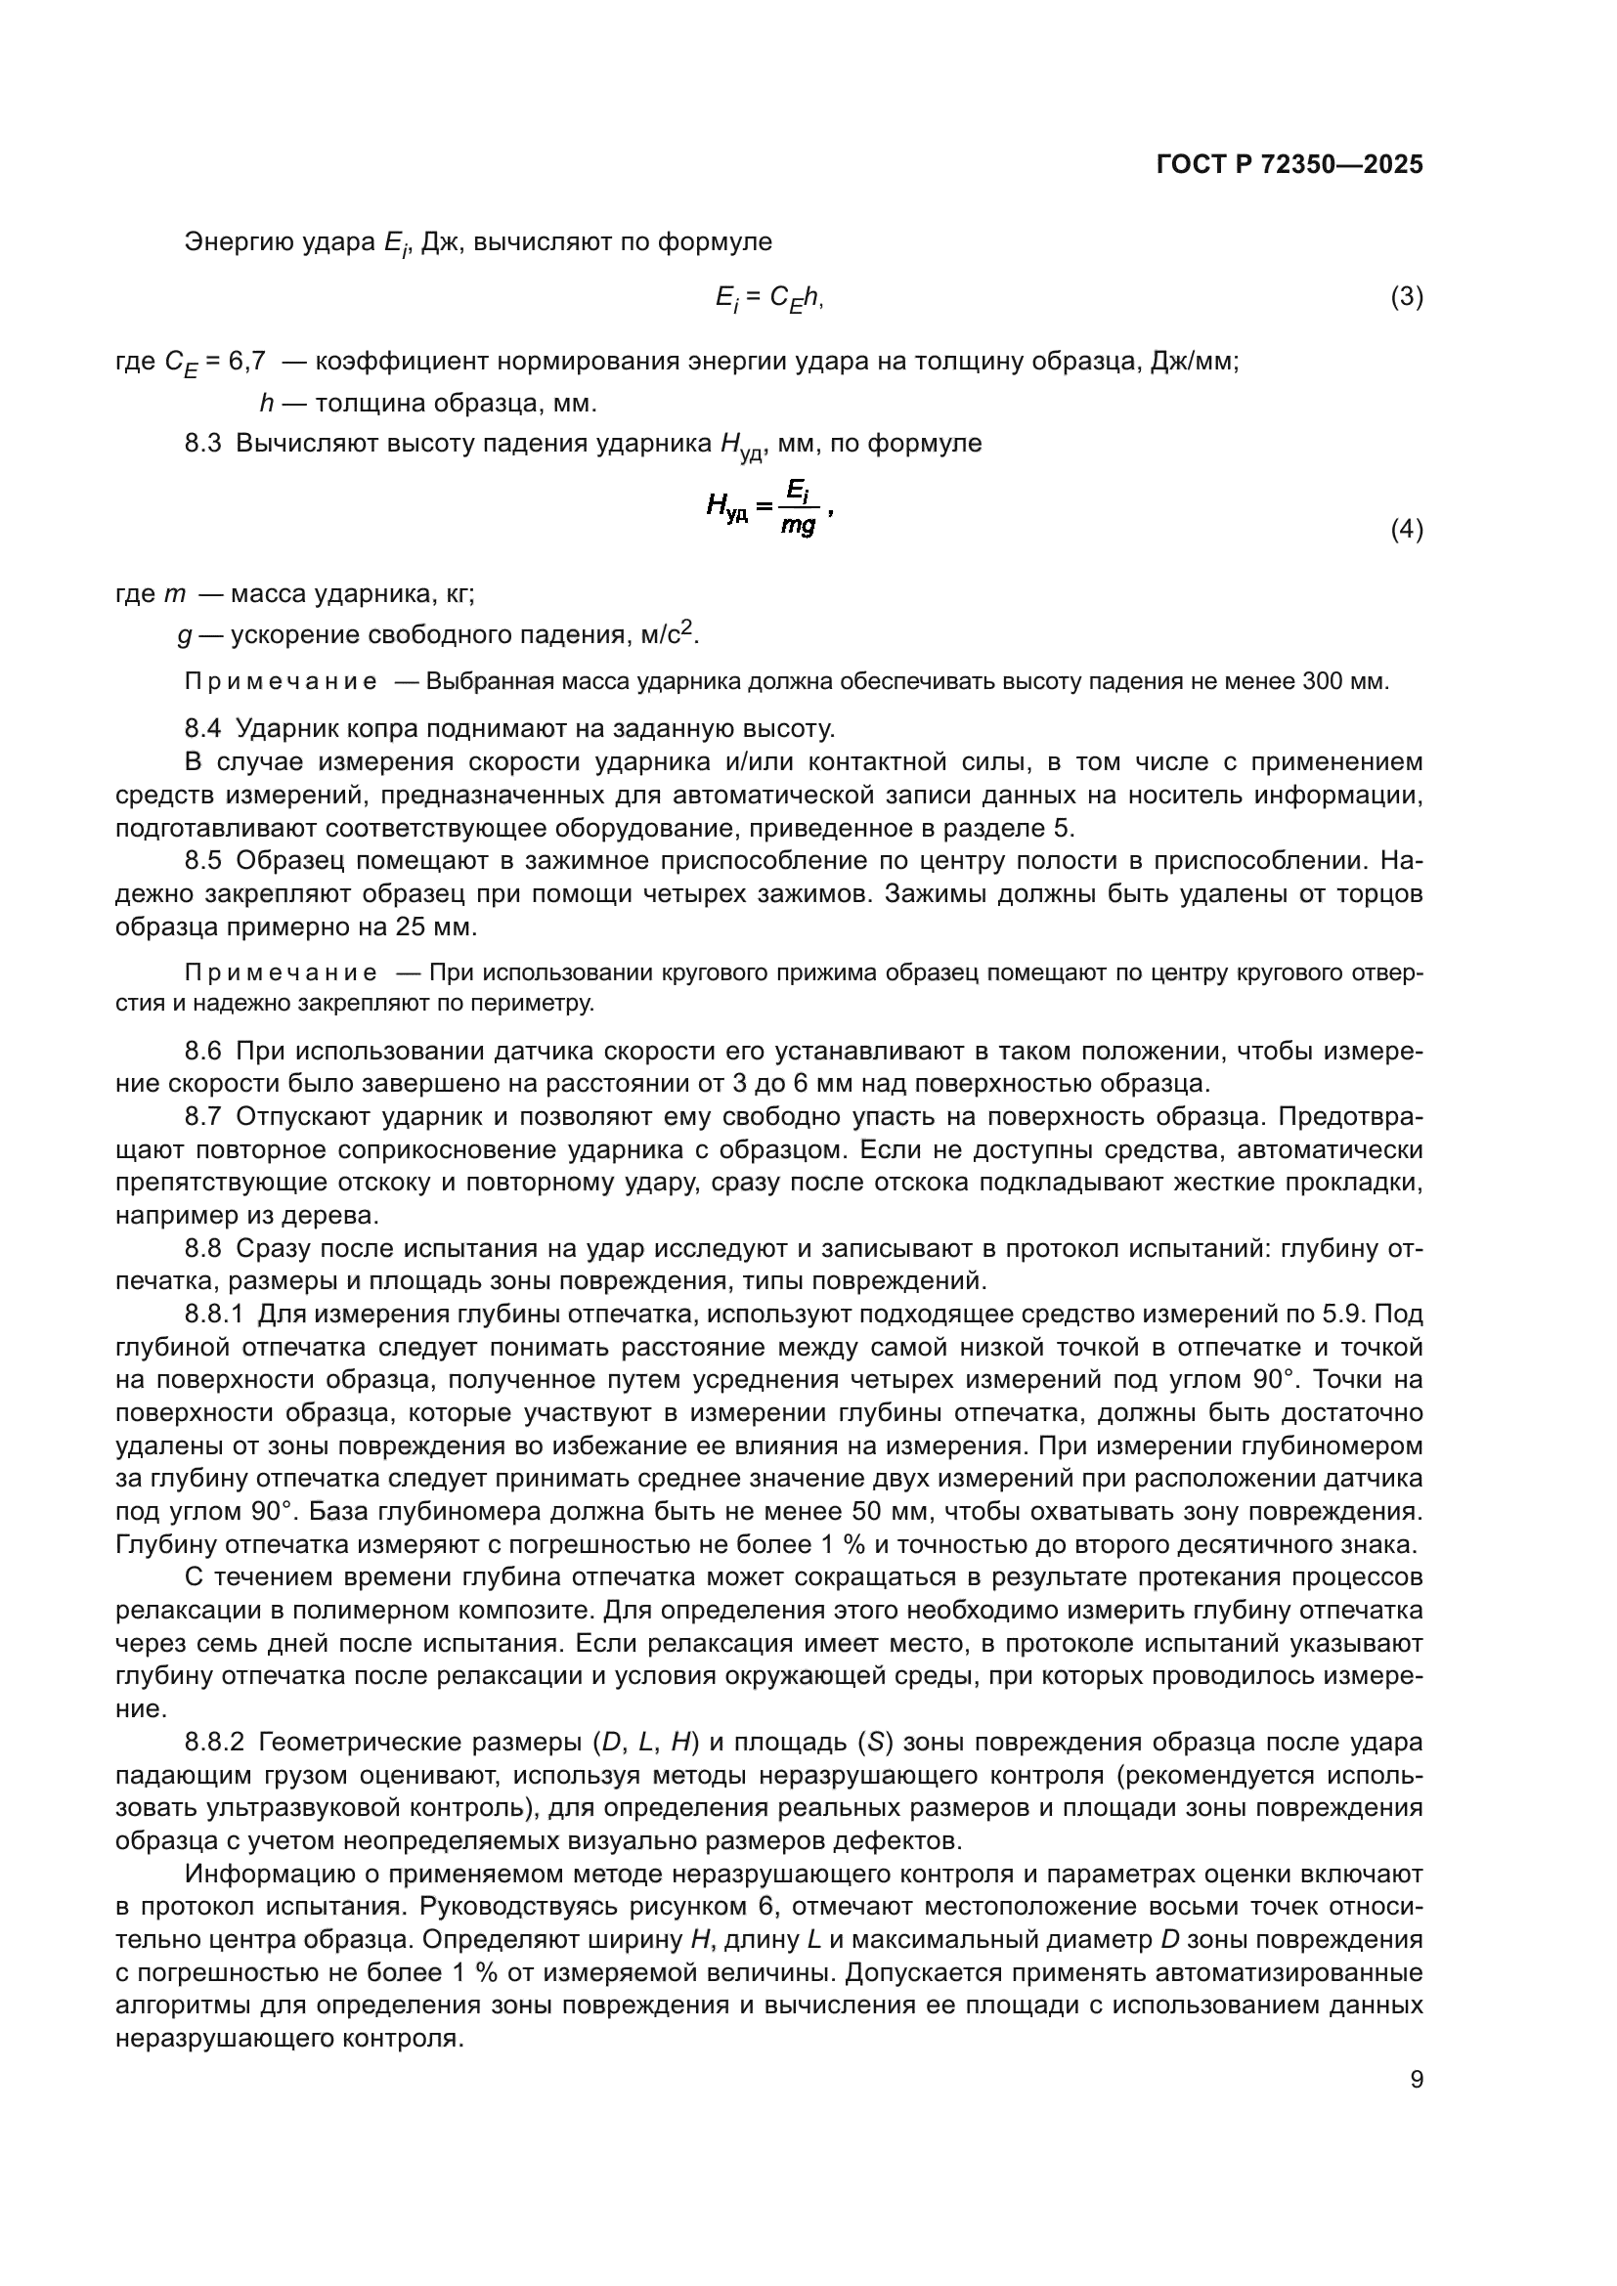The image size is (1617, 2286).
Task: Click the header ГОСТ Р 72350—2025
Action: pos(1289,165)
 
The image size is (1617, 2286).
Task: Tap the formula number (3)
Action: pos(1406,297)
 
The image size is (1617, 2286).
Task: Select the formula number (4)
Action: pos(1406,530)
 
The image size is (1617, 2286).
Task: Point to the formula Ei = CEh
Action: pos(768,298)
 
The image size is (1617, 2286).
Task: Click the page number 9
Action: pos(1416,2080)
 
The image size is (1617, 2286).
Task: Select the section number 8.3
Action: pos(202,444)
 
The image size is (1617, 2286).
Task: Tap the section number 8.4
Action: pos(202,729)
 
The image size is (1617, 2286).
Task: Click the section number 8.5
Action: pos(202,861)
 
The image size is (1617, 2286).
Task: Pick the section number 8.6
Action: pos(202,1052)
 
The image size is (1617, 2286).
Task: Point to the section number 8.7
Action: pos(202,1117)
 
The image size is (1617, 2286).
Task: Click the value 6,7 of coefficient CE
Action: pos(247,361)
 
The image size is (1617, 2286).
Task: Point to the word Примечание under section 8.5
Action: pos(281,972)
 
